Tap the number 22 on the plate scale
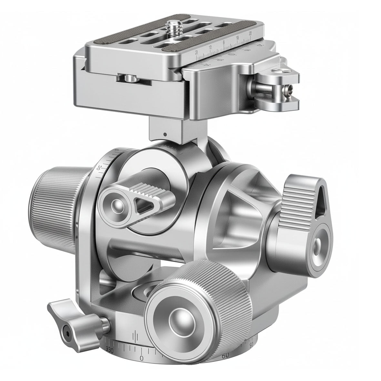pyautogui.click(x=196, y=52)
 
